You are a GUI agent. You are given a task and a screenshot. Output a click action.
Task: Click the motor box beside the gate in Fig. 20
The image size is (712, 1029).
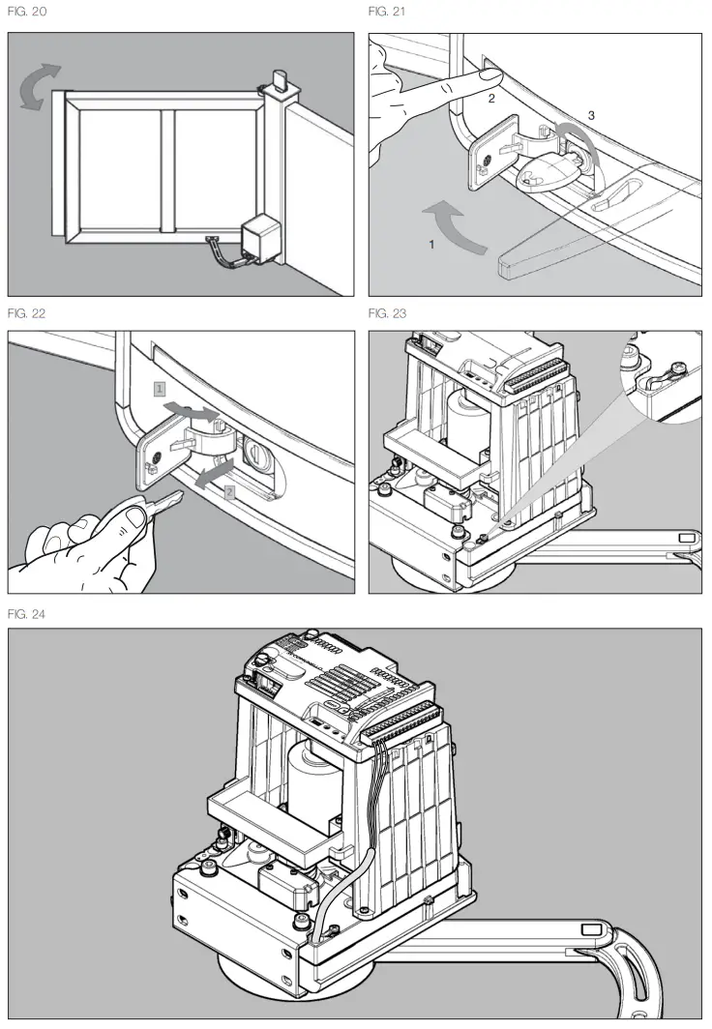256,238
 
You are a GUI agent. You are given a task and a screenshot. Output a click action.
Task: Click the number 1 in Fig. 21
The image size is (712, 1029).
432,246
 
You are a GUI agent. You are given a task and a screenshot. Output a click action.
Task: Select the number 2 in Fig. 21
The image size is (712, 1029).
491,99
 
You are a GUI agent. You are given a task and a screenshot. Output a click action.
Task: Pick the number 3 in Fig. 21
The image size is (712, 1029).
591,115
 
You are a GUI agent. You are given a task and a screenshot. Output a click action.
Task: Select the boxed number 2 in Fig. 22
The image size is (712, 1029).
228,491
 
